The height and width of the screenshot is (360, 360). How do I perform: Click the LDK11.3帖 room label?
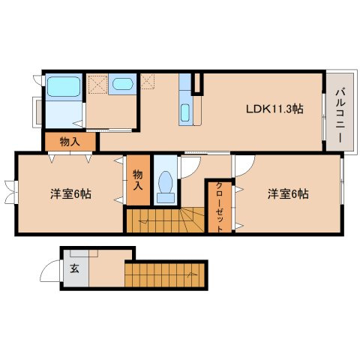[274, 109]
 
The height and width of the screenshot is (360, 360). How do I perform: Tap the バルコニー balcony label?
[340, 116]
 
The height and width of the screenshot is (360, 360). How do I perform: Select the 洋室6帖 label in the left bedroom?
[71, 194]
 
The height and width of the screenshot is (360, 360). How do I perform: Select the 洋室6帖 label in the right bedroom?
[289, 194]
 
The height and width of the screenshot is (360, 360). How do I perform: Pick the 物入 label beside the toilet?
[138, 179]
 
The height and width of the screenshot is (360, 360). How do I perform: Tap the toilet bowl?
[166, 184]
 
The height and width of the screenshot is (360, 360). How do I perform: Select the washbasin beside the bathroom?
[121, 83]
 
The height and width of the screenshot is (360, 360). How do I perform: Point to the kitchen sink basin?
[185, 113]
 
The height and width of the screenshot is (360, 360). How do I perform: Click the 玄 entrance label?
[74, 268]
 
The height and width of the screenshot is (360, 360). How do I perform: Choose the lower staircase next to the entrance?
[165, 274]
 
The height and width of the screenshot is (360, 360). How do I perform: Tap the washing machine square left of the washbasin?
[97, 83]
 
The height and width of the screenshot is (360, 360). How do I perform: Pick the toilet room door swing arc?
[190, 164]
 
